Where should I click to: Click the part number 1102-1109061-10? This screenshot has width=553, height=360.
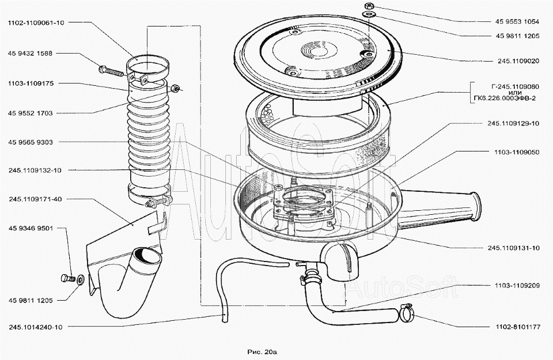click(x=36, y=23)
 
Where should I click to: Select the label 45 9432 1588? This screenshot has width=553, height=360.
click(x=31, y=54)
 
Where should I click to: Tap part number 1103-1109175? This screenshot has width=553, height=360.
click(x=31, y=84)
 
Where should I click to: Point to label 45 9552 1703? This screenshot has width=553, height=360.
click(x=31, y=113)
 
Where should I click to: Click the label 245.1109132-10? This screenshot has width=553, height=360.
click(x=35, y=170)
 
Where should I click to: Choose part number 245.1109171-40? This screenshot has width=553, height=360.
click(x=35, y=199)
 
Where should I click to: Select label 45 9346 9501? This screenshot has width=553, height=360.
click(x=31, y=228)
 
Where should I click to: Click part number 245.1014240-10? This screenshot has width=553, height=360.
click(x=35, y=327)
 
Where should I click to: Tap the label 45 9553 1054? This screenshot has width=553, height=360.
click(x=517, y=21)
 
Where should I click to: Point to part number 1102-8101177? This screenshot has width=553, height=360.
click(x=517, y=327)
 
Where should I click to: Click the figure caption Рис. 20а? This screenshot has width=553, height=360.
click(x=262, y=351)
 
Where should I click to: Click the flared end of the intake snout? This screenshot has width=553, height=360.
click(x=476, y=206)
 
